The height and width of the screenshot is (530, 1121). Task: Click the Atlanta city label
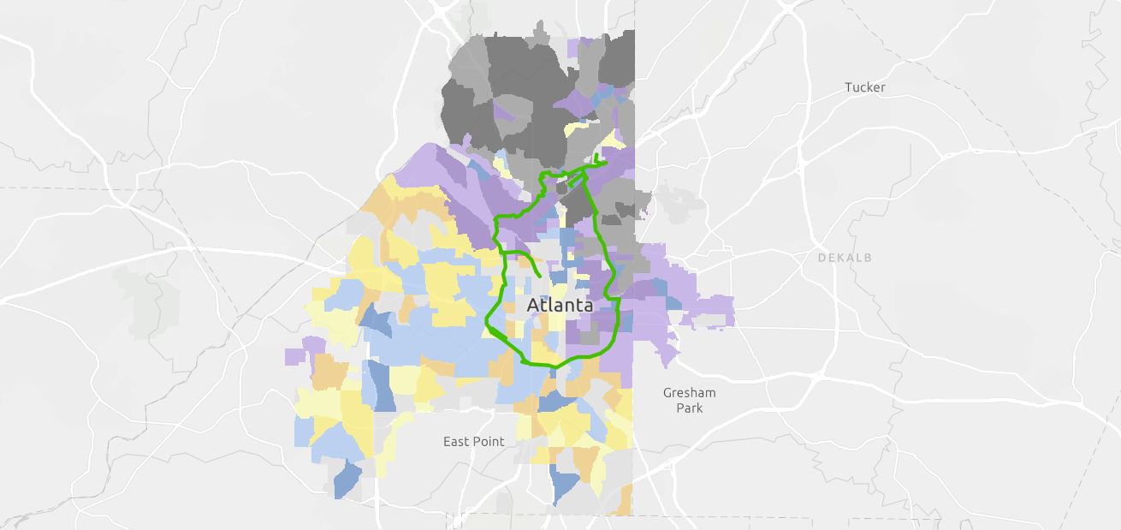pyautogui.click(x=560, y=305)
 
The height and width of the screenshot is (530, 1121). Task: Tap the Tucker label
pyautogui.click(x=864, y=87)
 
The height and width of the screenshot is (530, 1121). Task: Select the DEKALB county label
pyautogui.click(x=845, y=257)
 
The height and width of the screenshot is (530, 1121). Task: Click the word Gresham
pyautogui.click(x=689, y=393)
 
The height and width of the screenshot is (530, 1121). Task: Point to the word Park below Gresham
pyautogui.click(x=689, y=408)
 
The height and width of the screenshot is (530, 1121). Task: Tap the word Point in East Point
pyautogui.click(x=489, y=442)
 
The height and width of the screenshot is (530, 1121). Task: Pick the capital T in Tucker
pyautogui.click(x=848, y=87)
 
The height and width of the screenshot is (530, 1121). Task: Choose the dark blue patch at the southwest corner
pyautogui.click(x=346, y=480)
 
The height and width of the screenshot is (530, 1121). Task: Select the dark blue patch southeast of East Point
pyautogui.click(x=564, y=485)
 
